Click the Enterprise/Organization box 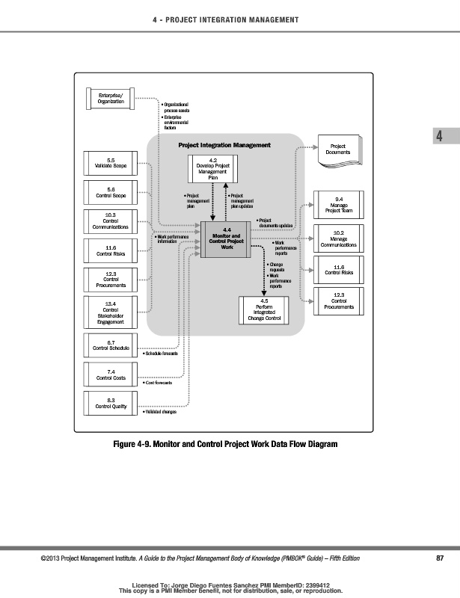(111, 98)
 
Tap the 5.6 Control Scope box (111, 193)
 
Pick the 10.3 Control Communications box (111, 222)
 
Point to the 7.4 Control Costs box (111, 374)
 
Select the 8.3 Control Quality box (111, 404)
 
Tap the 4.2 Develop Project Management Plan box (213, 170)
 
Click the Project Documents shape (337, 149)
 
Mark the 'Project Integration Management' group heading (224, 145)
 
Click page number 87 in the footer (440, 558)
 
